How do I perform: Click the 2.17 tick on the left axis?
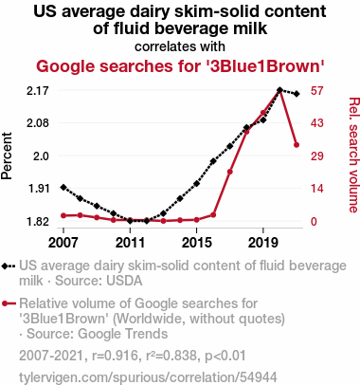[x=38, y=91]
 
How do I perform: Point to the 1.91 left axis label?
[x=39, y=189]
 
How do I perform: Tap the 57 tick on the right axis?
[x=316, y=91]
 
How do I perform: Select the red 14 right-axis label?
[x=316, y=189]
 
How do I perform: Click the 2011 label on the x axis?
[x=130, y=243]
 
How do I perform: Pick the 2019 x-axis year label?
[x=263, y=243]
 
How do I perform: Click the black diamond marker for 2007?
[x=63, y=188]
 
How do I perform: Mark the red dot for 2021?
[x=297, y=145]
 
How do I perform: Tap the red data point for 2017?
[x=230, y=172]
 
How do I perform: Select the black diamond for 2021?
[x=297, y=94]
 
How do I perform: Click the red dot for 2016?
[x=213, y=215]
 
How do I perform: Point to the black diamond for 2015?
[x=197, y=183]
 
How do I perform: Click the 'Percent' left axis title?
[x=7, y=156]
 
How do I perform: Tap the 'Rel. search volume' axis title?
[x=354, y=155]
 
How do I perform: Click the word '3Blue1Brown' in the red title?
[x=266, y=66]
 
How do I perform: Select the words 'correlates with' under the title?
[x=180, y=46]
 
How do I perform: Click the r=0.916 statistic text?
[x=115, y=356]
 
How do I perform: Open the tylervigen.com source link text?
[x=148, y=377]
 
